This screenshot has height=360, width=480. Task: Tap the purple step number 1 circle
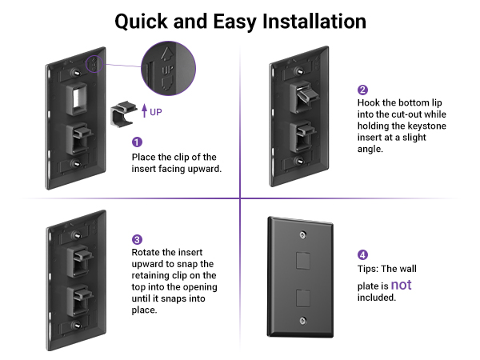(136, 141)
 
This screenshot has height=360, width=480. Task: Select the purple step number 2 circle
(362, 90)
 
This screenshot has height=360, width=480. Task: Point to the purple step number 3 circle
(137, 239)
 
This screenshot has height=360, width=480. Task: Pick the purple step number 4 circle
(362, 254)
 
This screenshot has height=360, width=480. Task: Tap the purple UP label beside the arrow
(156, 112)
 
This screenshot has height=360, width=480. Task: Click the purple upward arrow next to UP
(144, 111)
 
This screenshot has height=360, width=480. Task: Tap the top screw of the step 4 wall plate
(301, 234)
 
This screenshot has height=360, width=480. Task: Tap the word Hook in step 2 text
(370, 103)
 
